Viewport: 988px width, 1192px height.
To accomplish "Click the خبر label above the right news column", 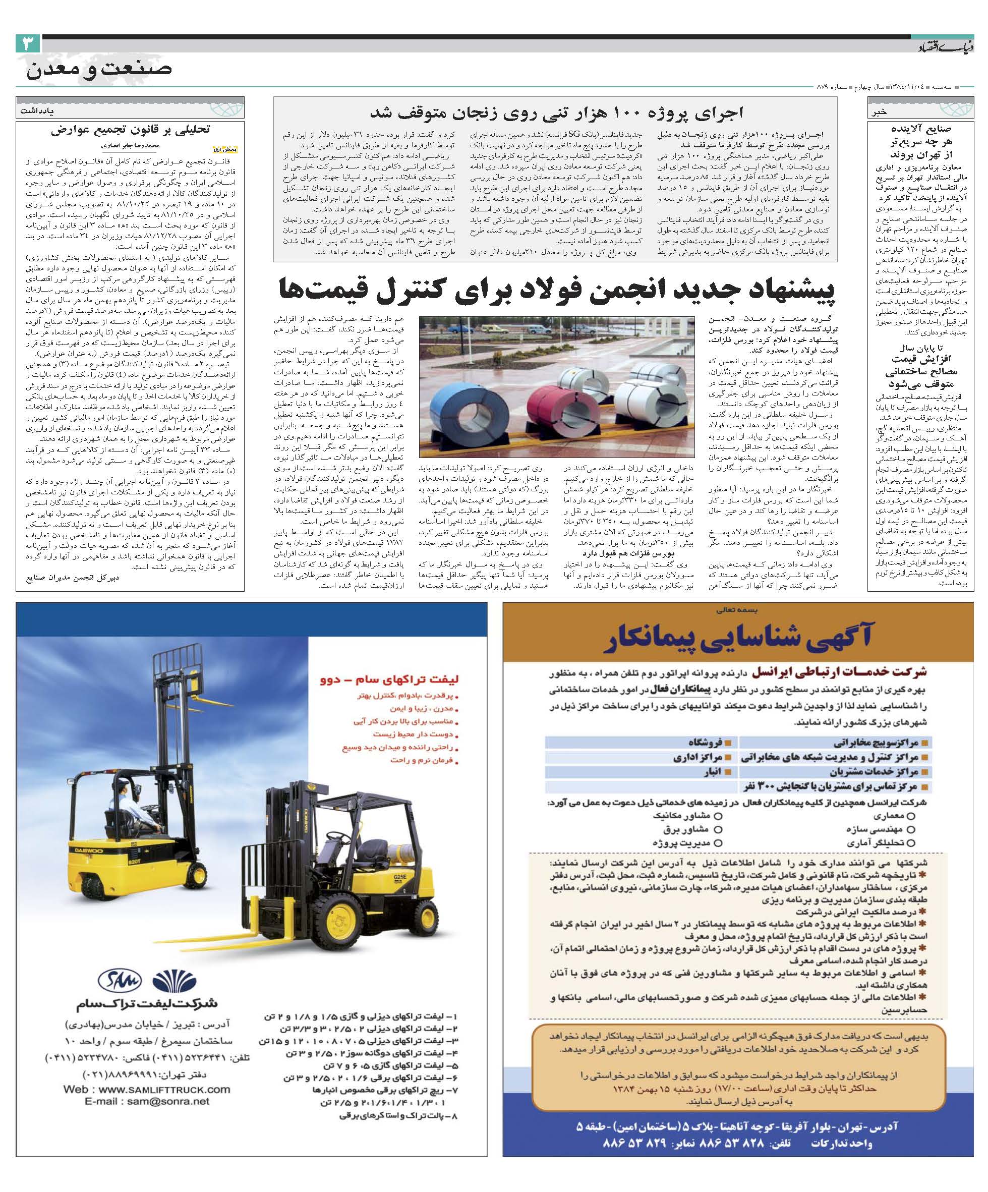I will (x=879, y=112).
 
